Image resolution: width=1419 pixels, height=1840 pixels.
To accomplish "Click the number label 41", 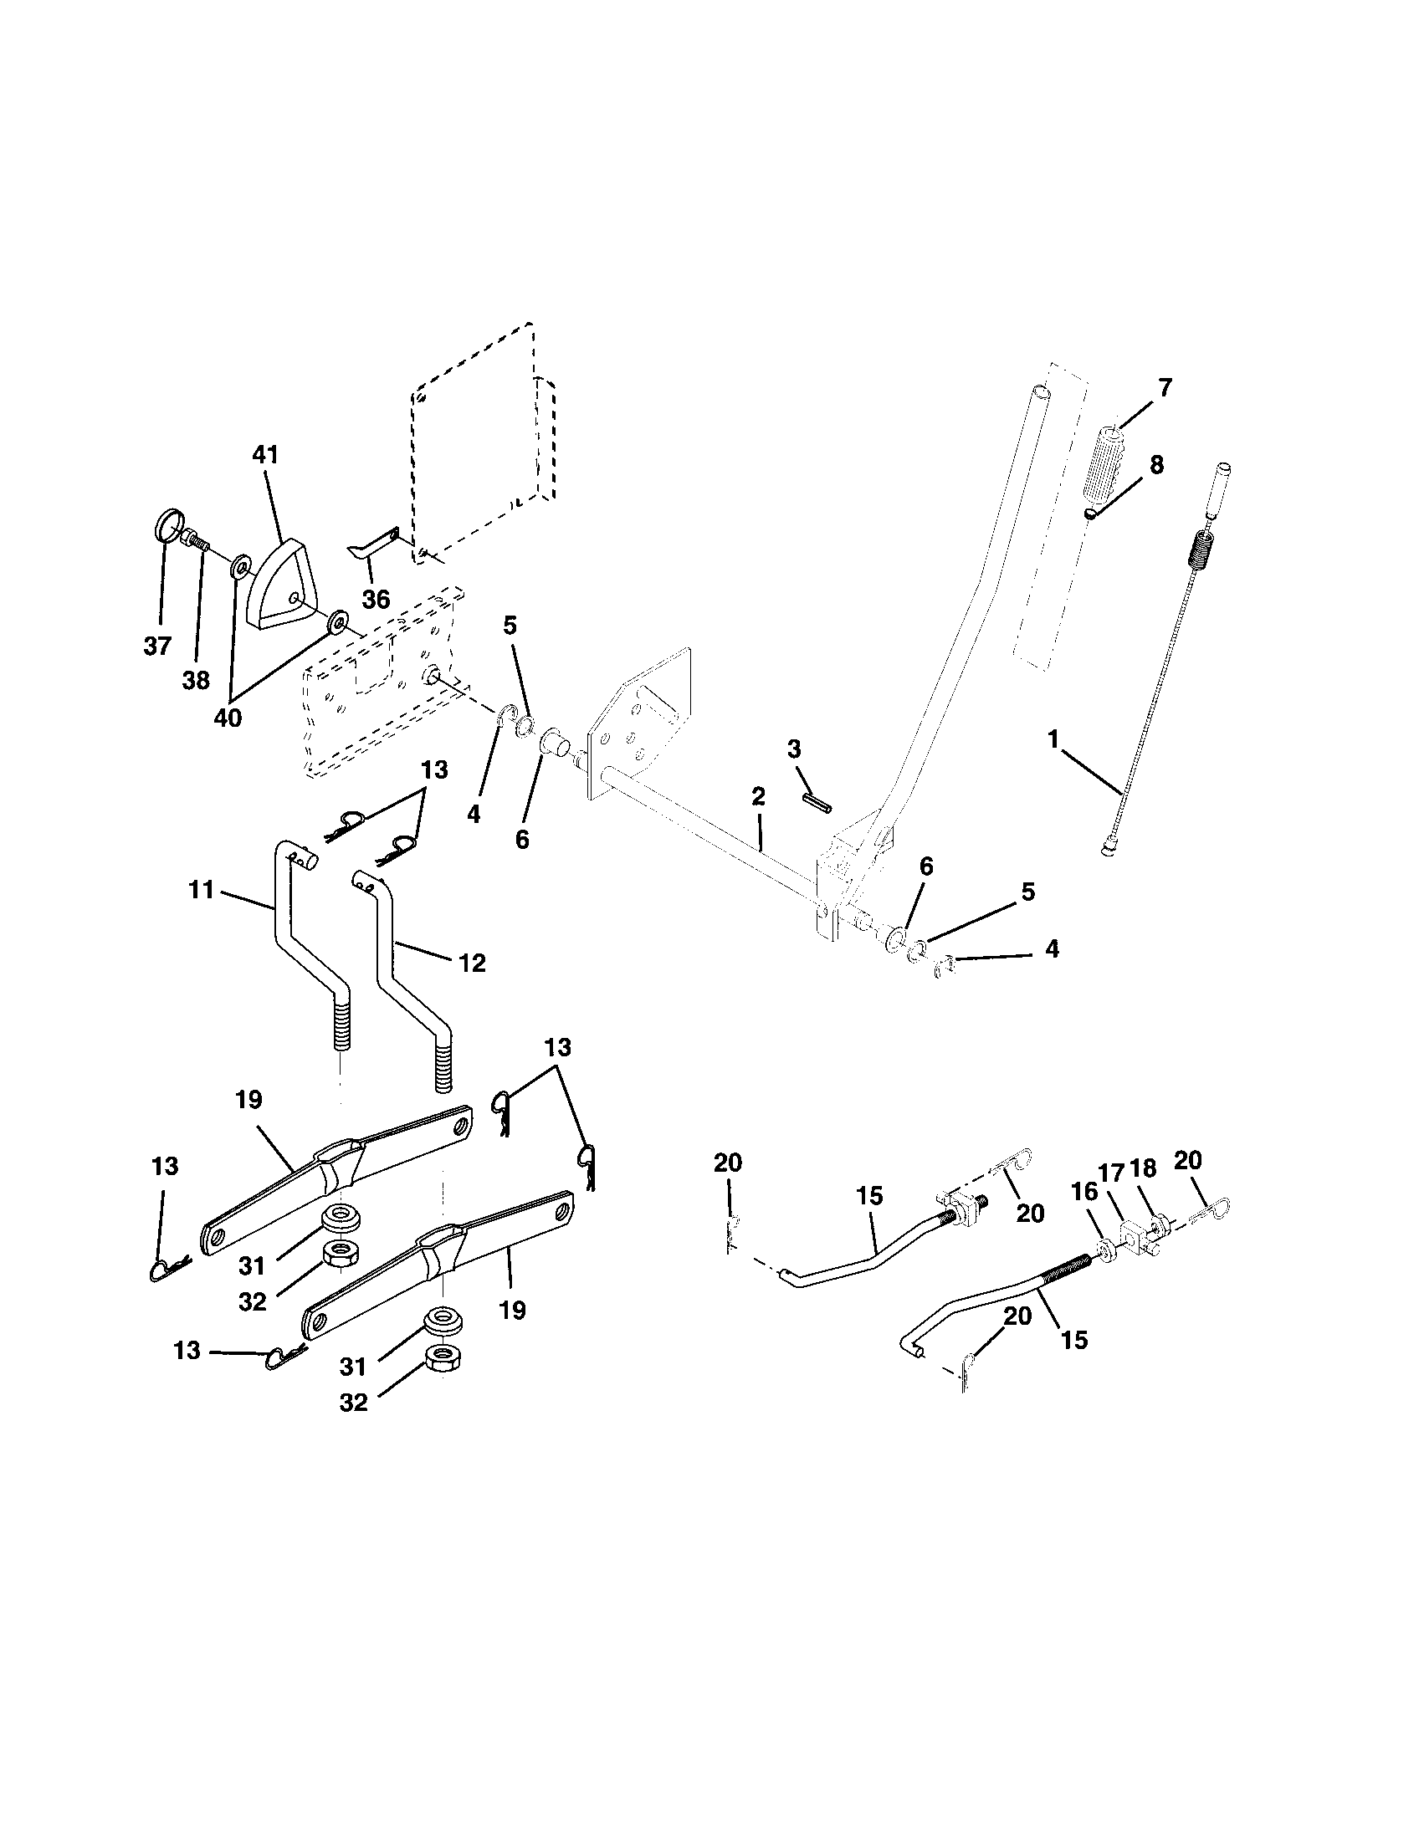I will click(x=264, y=455).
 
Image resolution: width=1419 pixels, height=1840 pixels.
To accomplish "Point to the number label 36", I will click(x=376, y=599).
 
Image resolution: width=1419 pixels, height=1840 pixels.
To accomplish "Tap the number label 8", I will click(x=1156, y=464).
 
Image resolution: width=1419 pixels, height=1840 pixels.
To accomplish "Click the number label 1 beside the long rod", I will click(x=1053, y=739).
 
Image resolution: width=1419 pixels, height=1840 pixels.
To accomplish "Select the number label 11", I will click(x=202, y=889).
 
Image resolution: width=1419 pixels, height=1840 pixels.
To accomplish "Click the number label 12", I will click(x=472, y=962).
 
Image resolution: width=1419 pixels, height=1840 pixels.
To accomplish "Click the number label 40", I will click(x=228, y=718).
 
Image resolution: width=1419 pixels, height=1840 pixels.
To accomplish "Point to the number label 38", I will click(x=196, y=680).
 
